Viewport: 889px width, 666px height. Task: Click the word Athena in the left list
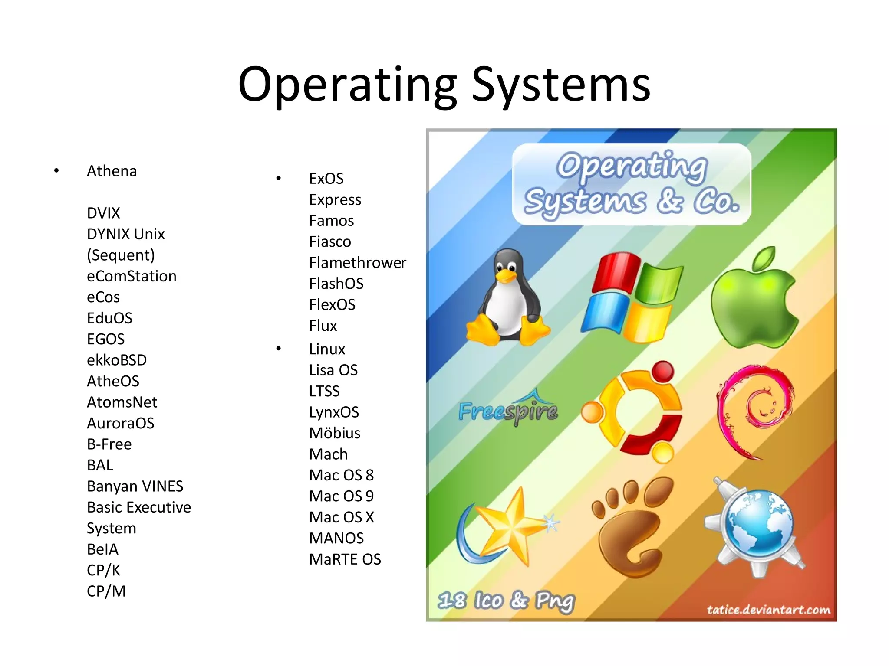pyautogui.click(x=112, y=171)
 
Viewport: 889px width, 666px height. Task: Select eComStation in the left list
pyautogui.click(x=132, y=276)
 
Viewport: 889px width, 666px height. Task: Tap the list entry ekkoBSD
pyautogui.click(x=117, y=360)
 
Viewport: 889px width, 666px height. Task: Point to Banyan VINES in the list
pyautogui.click(x=135, y=486)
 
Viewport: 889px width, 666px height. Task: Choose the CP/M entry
pyautogui.click(x=106, y=591)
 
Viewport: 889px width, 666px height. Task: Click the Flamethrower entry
pyautogui.click(x=357, y=263)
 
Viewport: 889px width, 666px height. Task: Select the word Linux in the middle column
pyautogui.click(x=327, y=349)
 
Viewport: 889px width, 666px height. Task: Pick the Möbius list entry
pyautogui.click(x=335, y=433)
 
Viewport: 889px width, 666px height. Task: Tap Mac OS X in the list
pyautogui.click(x=342, y=517)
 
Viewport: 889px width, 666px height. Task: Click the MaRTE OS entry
pyautogui.click(x=345, y=559)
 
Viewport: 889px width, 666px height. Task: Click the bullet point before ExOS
pyautogui.click(x=279, y=178)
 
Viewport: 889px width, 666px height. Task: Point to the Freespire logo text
pyautogui.click(x=508, y=411)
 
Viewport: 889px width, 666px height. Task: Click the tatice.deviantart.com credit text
pyautogui.click(x=768, y=610)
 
